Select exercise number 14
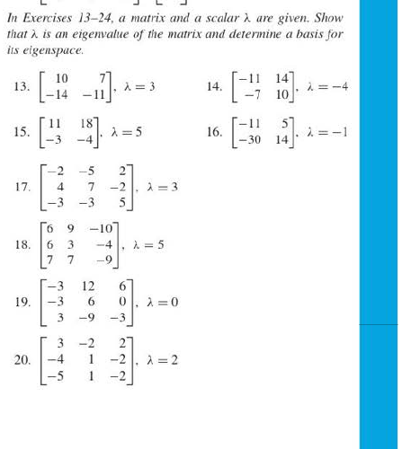tap(214, 86)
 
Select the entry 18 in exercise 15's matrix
tap(85, 124)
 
